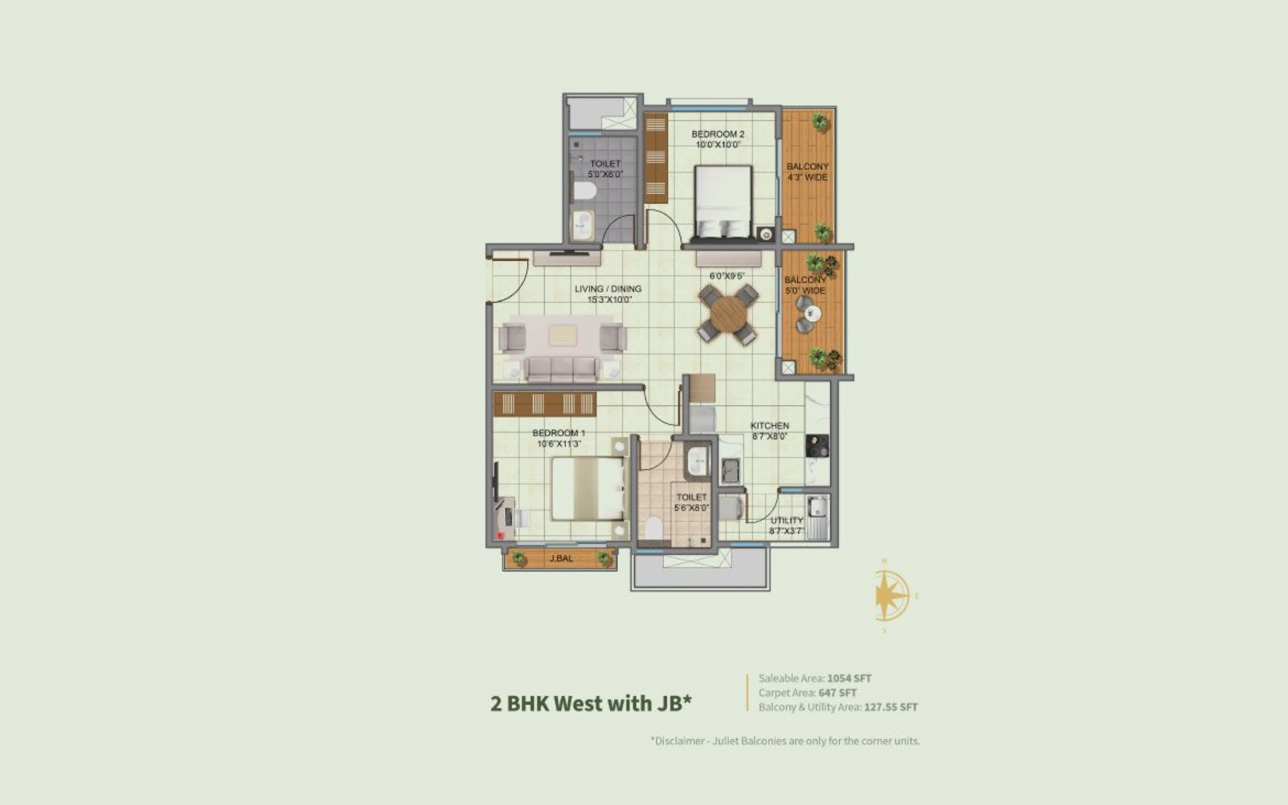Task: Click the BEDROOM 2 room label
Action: pos(718,134)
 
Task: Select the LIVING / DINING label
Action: pos(608,289)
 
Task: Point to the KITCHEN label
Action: pos(769,425)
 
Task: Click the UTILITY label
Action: pos(787,520)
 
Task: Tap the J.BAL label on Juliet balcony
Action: pos(561,558)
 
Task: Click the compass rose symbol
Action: pos(891,595)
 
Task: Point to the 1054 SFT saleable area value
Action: pos(849,678)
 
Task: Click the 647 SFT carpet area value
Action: pos(837,693)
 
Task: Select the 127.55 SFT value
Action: pos(891,707)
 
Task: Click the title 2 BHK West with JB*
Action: pos(591,703)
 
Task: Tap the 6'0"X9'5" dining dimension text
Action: pos(727,276)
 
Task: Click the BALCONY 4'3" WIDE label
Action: pos(807,172)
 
